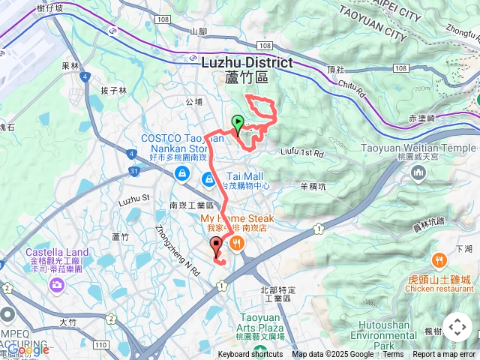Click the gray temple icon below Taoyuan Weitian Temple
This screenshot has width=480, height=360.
pyautogui.click(x=418, y=174)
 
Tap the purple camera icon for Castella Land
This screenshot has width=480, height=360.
pyautogui.click(x=57, y=284)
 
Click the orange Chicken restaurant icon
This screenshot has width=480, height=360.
pyautogui.click(x=438, y=261)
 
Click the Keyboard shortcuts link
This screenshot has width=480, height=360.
pyautogui.click(x=250, y=355)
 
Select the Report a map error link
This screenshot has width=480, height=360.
pyautogui.click(x=444, y=355)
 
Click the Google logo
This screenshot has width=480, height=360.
pyautogui.click(x=28, y=349)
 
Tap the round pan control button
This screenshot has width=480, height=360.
pyautogui.click(x=457, y=327)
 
